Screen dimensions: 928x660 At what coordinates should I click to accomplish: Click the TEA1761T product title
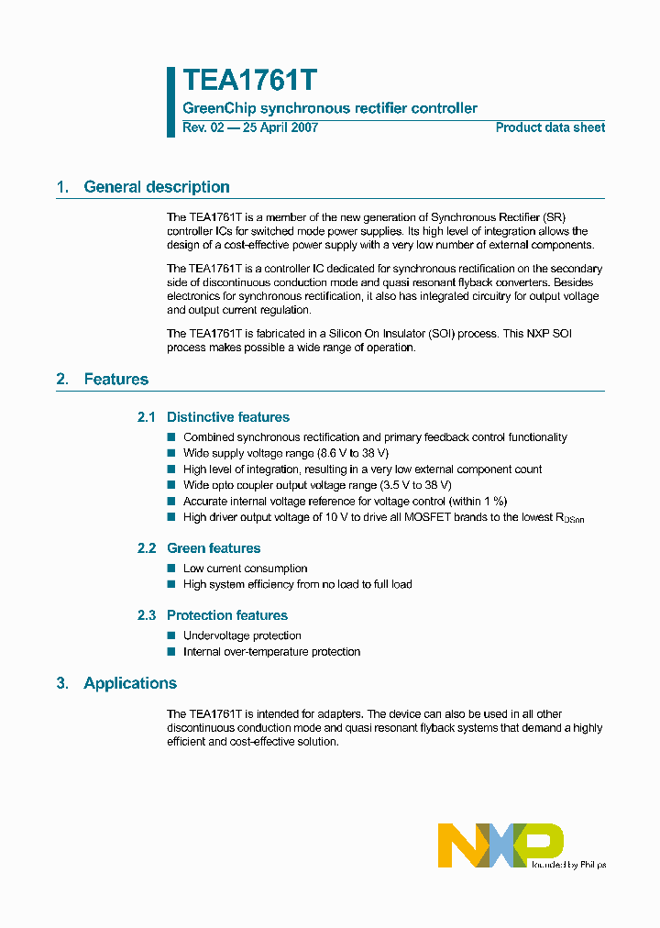pos(249,81)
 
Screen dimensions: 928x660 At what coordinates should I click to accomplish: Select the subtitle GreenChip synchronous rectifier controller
pos(330,108)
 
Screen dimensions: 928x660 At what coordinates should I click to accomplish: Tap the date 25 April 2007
pos(280,127)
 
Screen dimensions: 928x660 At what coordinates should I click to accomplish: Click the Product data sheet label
pos(550,127)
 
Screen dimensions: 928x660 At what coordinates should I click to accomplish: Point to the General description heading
pos(156,187)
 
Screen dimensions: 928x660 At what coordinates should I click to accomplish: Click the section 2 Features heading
pos(115,379)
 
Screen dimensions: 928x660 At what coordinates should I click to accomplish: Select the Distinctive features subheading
pos(227,417)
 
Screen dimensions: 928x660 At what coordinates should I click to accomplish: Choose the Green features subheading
pos(214,548)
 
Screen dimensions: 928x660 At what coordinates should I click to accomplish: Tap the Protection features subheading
pos(226,615)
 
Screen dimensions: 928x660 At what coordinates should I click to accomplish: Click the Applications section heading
pos(129,683)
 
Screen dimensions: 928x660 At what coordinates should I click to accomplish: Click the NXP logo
pos(500,845)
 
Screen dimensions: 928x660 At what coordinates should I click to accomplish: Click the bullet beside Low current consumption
pos(171,569)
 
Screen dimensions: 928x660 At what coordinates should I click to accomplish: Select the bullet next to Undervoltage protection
pos(171,635)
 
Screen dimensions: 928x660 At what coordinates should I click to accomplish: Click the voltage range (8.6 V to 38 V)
pos(353,453)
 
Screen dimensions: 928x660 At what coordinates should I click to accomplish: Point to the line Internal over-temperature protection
pos(271,652)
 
